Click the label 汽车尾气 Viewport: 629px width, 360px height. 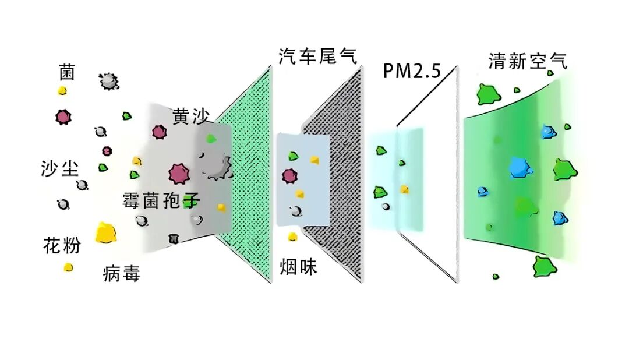click(317, 57)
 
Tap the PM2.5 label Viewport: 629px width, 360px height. click(411, 70)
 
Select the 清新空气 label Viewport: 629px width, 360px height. click(528, 61)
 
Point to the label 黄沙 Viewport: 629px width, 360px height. click(188, 115)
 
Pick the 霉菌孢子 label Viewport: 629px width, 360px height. click(161, 200)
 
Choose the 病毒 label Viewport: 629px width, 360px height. click(121, 273)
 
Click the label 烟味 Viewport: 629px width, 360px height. click(298, 267)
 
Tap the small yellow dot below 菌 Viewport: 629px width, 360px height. click(62, 91)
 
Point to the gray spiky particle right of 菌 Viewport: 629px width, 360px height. click(108, 81)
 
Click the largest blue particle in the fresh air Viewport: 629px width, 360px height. click(520, 167)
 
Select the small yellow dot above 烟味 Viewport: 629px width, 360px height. click(292, 237)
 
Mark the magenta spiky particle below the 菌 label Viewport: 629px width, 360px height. click(63, 117)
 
